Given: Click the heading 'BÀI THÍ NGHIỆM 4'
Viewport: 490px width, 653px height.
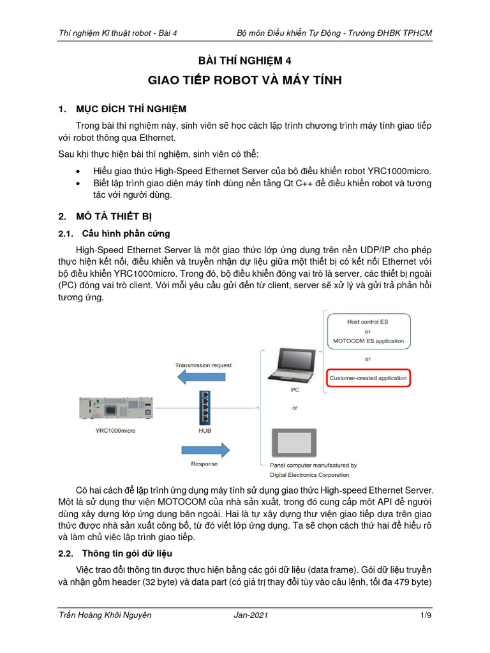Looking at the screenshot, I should coord(245,61).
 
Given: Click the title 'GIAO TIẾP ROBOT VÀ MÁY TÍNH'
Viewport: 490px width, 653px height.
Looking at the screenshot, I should coord(245,80).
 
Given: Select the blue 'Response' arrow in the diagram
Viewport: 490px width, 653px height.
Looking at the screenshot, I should coord(203,451).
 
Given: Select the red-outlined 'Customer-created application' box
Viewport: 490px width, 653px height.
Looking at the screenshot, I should coord(367,378).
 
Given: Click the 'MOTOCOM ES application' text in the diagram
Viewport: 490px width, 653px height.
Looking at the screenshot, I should coord(368,341).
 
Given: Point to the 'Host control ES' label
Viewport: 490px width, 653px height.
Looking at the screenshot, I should coord(367,322).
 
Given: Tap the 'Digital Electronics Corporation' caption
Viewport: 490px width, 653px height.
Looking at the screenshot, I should coord(309,474).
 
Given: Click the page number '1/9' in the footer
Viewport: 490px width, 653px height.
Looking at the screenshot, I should coord(426,615).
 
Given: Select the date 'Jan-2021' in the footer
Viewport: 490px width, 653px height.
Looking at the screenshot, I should coord(251,615).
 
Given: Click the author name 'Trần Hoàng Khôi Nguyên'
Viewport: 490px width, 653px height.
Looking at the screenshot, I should coord(105,615).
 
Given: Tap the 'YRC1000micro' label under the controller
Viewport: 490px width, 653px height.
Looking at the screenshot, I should coord(111,430).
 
